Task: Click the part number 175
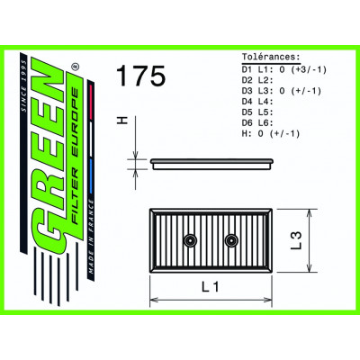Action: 140,77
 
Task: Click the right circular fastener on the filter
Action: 231,238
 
